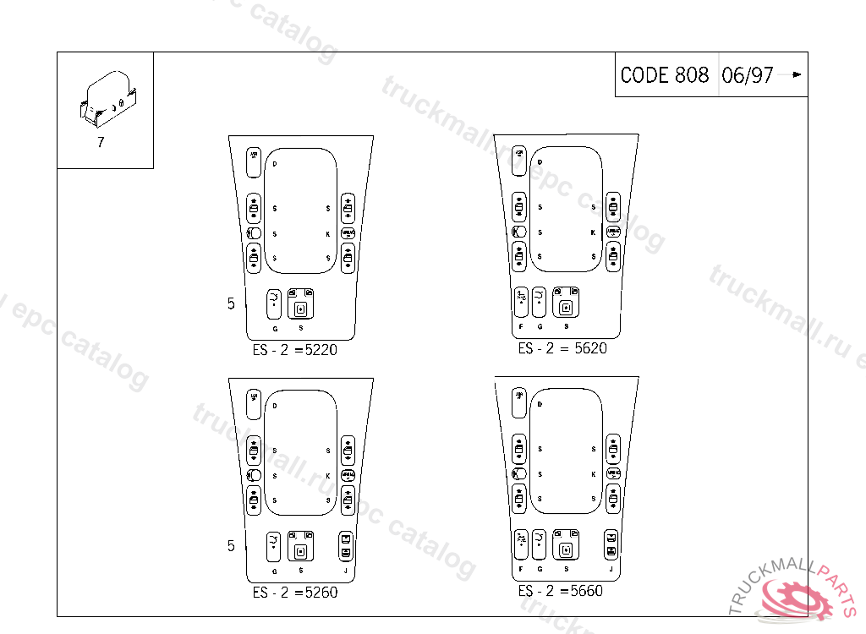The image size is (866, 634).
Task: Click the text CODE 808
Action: pos(665,75)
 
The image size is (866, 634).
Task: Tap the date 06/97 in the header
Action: pos(748,75)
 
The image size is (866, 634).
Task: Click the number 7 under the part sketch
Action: pos(101,142)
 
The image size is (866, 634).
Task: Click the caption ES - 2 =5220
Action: pos(294,349)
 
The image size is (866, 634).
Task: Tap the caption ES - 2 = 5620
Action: pos(562,347)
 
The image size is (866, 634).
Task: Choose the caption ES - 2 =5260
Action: pos(294,593)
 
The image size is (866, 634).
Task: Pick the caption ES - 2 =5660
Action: pos(560,591)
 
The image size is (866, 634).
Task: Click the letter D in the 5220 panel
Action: pos(275,162)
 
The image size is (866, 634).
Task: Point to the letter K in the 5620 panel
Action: pos(593,232)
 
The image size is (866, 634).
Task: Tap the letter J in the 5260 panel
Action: pos(345,571)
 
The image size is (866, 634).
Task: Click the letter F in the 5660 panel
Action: pos(521,570)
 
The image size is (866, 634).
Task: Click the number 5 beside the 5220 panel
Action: pos(231,303)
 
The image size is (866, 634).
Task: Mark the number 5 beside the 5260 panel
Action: pos(231,546)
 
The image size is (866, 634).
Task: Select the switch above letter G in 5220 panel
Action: pos(274,301)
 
